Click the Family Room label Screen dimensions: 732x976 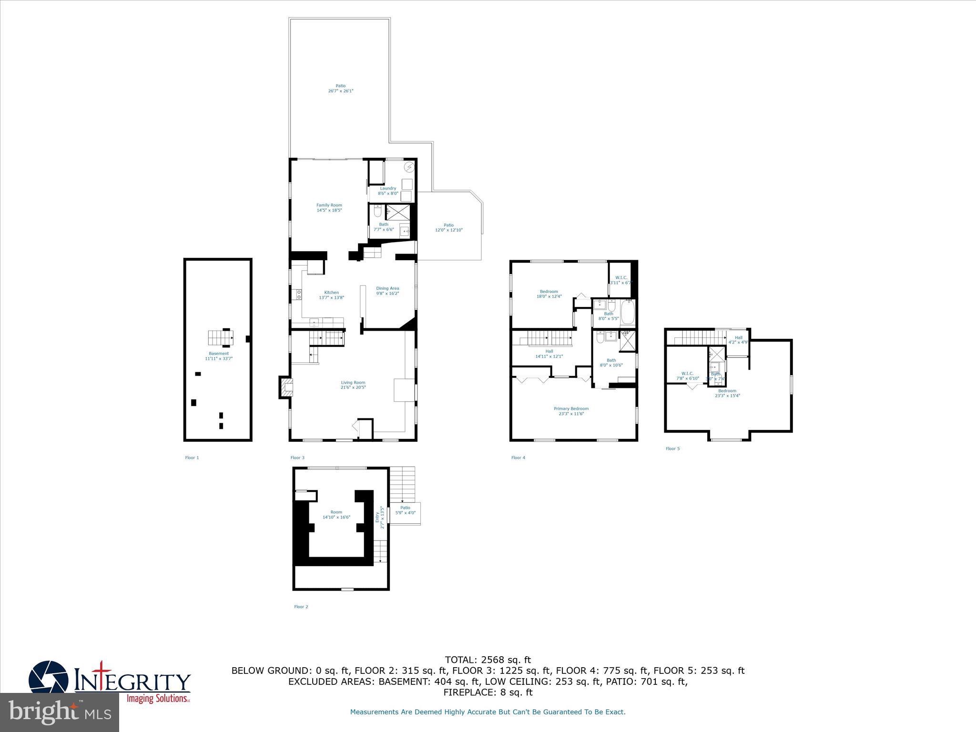(x=329, y=205)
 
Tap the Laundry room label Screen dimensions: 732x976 (x=388, y=189)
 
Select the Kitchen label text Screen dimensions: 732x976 (x=331, y=293)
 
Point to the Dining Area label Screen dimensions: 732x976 (x=387, y=288)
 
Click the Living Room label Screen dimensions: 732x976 (x=353, y=383)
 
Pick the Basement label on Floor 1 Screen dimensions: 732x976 (x=218, y=354)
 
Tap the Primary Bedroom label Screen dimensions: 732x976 (x=571, y=409)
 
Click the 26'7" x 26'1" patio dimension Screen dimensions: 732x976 (x=340, y=91)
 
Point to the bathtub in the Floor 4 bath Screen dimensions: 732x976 (x=628, y=312)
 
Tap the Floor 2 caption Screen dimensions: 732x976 (x=301, y=607)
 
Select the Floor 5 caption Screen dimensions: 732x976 (x=672, y=448)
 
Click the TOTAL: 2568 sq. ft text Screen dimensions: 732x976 (x=488, y=660)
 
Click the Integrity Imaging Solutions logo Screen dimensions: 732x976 (x=110, y=682)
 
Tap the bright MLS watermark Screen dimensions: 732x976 (x=60, y=712)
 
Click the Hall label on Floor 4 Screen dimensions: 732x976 (x=549, y=351)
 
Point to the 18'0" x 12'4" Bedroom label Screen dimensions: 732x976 (x=549, y=294)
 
